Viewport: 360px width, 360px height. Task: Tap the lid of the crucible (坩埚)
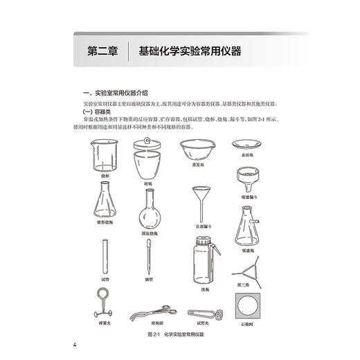pyautogui.click(x=148, y=143)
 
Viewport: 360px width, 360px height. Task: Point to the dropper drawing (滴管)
pyautogui.click(x=147, y=255)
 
